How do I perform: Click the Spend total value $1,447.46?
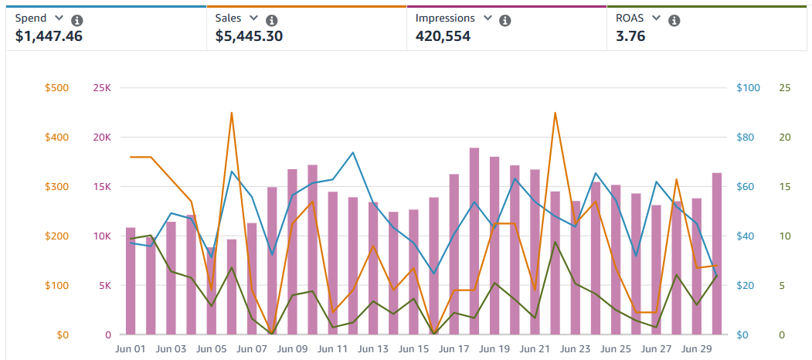click(49, 36)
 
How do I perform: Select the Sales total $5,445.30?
click(249, 36)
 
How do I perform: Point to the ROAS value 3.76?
click(631, 36)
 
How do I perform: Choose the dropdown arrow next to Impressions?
click(487, 18)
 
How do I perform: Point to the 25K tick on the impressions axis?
click(102, 88)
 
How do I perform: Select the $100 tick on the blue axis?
click(748, 88)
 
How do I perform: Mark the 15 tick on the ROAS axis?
click(785, 187)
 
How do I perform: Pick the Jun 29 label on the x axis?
click(696, 349)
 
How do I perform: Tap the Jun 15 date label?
click(413, 349)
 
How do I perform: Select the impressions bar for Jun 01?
click(131, 281)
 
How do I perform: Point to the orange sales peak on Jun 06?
click(231, 113)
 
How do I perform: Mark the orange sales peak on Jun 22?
click(555, 113)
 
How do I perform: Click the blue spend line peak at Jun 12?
click(353, 152)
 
